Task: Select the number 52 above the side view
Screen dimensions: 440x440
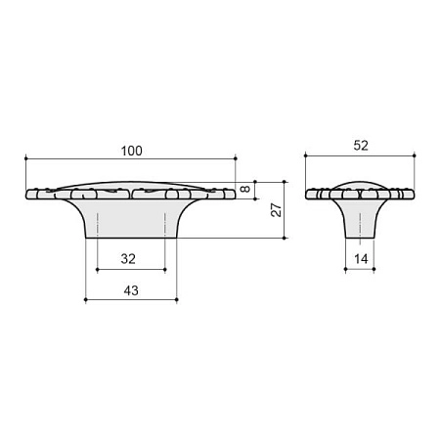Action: [x=360, y=145]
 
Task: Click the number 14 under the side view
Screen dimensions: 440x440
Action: [x=360, y=259]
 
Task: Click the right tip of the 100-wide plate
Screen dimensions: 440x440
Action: [x=236, y=194]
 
